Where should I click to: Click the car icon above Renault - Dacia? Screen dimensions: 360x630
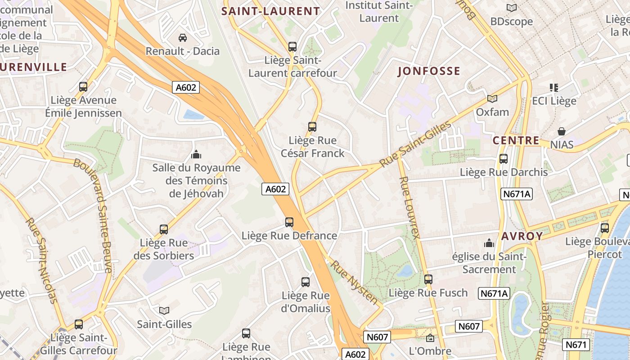point(183,37)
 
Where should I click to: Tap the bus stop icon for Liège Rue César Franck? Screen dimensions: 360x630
point(312,127)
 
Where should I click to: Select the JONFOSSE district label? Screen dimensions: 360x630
point(429,71)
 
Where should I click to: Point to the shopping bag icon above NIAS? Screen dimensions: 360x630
point(562,131)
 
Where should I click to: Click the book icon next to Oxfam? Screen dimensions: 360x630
point(492,99)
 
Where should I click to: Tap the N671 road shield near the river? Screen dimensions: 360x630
point(576,345)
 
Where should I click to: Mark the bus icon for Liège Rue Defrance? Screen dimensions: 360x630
point(289,222)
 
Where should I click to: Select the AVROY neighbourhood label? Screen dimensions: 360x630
point(522,236)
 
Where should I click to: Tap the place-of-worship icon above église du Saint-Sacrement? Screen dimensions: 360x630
point(489,243)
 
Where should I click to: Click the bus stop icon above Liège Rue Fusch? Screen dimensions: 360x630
point(428,279)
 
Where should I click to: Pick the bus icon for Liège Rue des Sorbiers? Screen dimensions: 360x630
point(164,229)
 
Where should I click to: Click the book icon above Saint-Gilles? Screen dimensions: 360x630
point(164,310)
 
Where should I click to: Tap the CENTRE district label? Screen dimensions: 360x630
point(516,140)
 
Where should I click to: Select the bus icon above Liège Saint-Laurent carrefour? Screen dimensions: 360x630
point(292,46)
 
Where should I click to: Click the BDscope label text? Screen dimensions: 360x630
point(511,22)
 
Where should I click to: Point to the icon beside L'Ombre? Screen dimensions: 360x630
point(430,337)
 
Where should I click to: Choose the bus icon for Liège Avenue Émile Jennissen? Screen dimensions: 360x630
point(83,87)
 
